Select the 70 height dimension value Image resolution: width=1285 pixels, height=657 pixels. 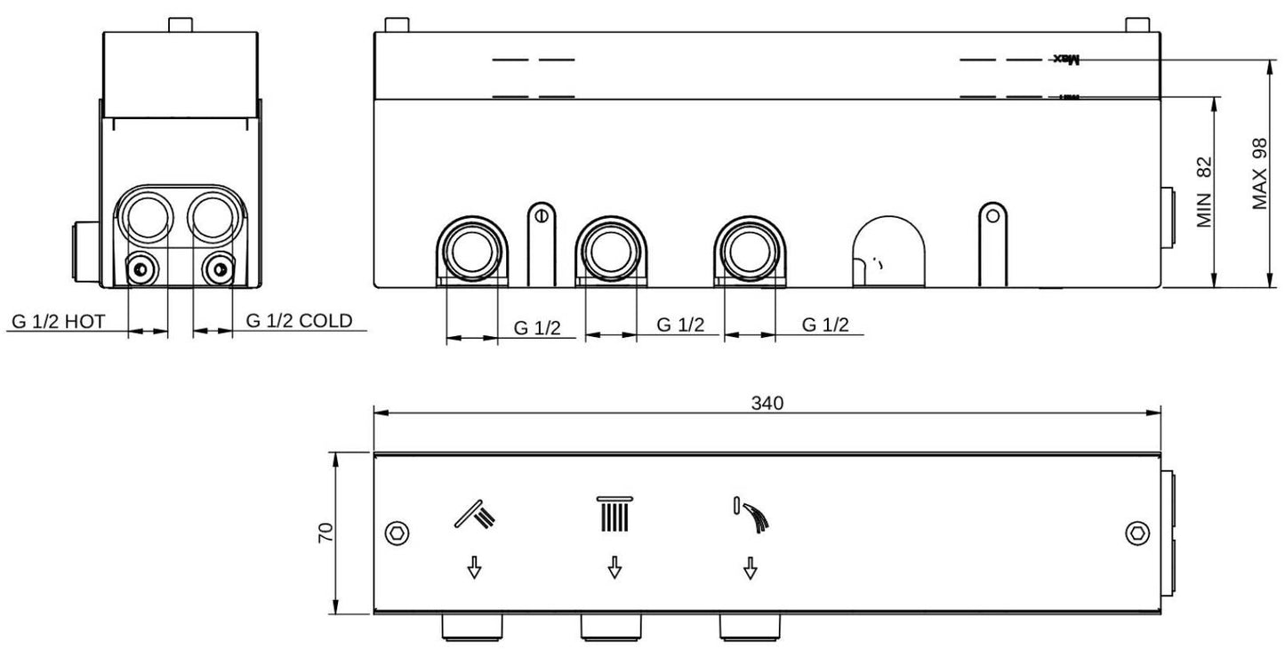point(326,533)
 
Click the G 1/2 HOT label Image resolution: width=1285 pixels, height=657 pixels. point(59,322)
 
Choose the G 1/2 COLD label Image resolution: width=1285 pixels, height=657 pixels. point(299,321)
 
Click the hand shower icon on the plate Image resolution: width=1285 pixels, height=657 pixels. point(478,514)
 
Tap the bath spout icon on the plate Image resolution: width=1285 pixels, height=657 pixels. point(751,515)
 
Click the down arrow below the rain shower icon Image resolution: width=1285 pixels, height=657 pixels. point(614,567)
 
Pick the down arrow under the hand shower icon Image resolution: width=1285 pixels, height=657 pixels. point(475,567)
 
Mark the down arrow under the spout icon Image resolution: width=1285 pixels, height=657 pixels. point(751,567)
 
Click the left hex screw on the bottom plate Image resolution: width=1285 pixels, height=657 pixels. point(397,533)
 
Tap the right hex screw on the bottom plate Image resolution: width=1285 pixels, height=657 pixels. point(1136,533)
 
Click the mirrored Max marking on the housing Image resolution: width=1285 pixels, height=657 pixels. point(1065,60)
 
